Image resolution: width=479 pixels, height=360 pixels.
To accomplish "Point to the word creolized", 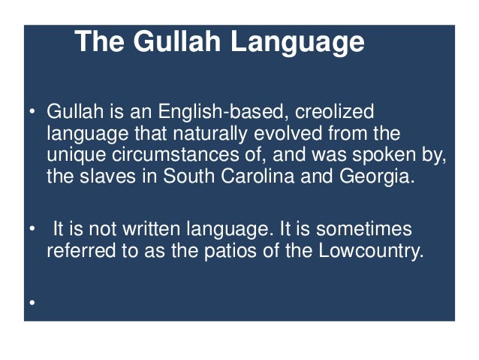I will click(x=334, y=112).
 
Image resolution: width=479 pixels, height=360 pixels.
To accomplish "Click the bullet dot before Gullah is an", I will click(x=32, y=113).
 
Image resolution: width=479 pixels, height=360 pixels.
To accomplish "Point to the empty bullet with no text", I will click(x=32, y=302).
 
